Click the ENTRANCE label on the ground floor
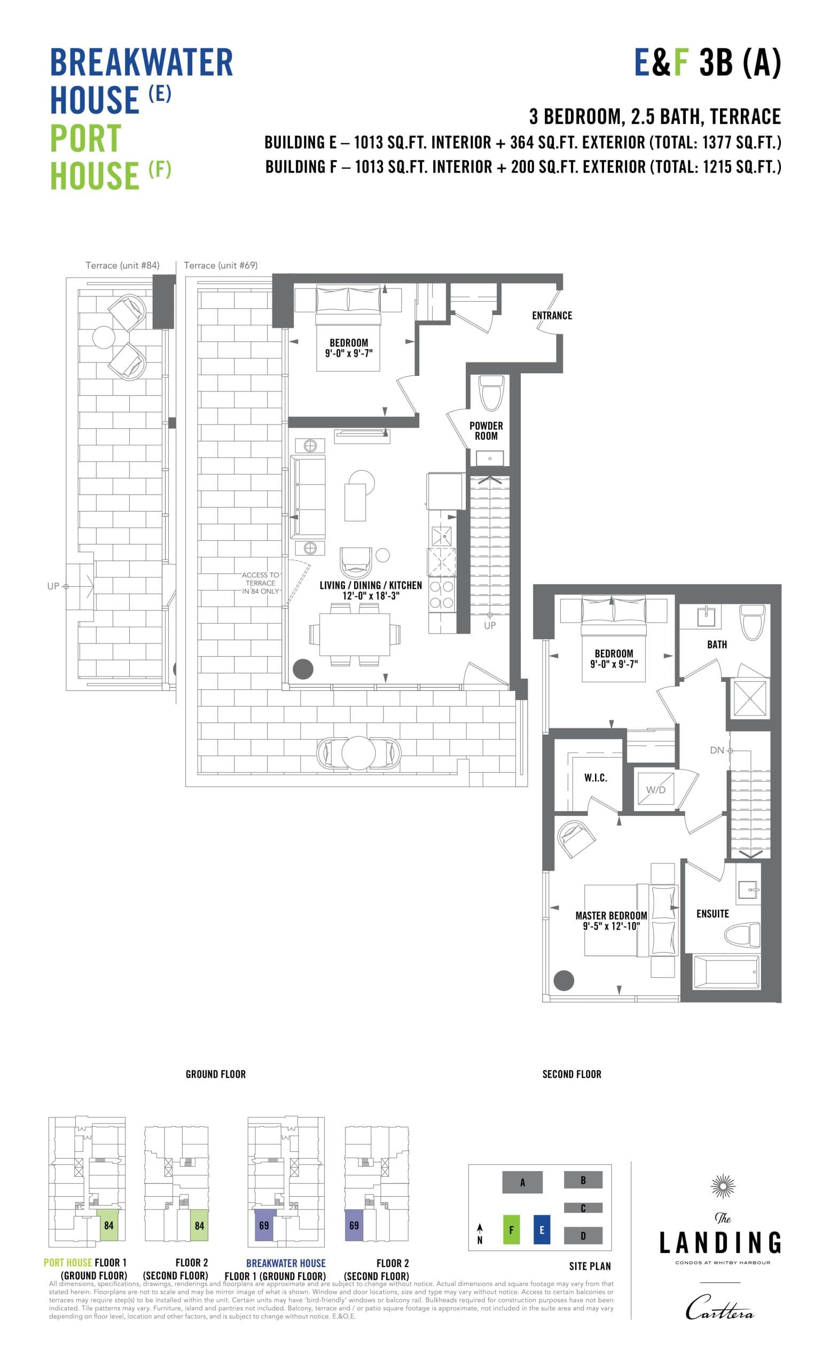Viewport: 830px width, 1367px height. point(552,315)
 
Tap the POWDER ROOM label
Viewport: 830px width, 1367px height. point(486,430)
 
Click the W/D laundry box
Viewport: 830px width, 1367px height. point(655,789)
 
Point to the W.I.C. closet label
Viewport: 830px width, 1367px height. point(596,778)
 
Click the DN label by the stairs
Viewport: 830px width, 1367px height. point(717,750)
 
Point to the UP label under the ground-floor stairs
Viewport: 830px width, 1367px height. point(490,625)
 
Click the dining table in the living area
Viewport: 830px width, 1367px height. point(355,633)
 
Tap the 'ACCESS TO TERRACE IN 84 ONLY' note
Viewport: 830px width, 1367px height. point(260,583)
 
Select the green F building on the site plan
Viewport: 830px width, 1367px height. point(511,1230)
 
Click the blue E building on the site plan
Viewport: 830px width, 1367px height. point(542,1230)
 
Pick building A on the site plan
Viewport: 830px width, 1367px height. point(522,1182)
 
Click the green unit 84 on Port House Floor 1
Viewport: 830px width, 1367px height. point(109,1225)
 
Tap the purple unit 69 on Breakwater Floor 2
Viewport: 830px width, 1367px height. point(354,1225)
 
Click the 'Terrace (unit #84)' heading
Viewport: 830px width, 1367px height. point(122,265)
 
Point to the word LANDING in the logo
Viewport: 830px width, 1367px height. point(720,1243)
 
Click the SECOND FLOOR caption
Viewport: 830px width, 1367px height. point(571,1074)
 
